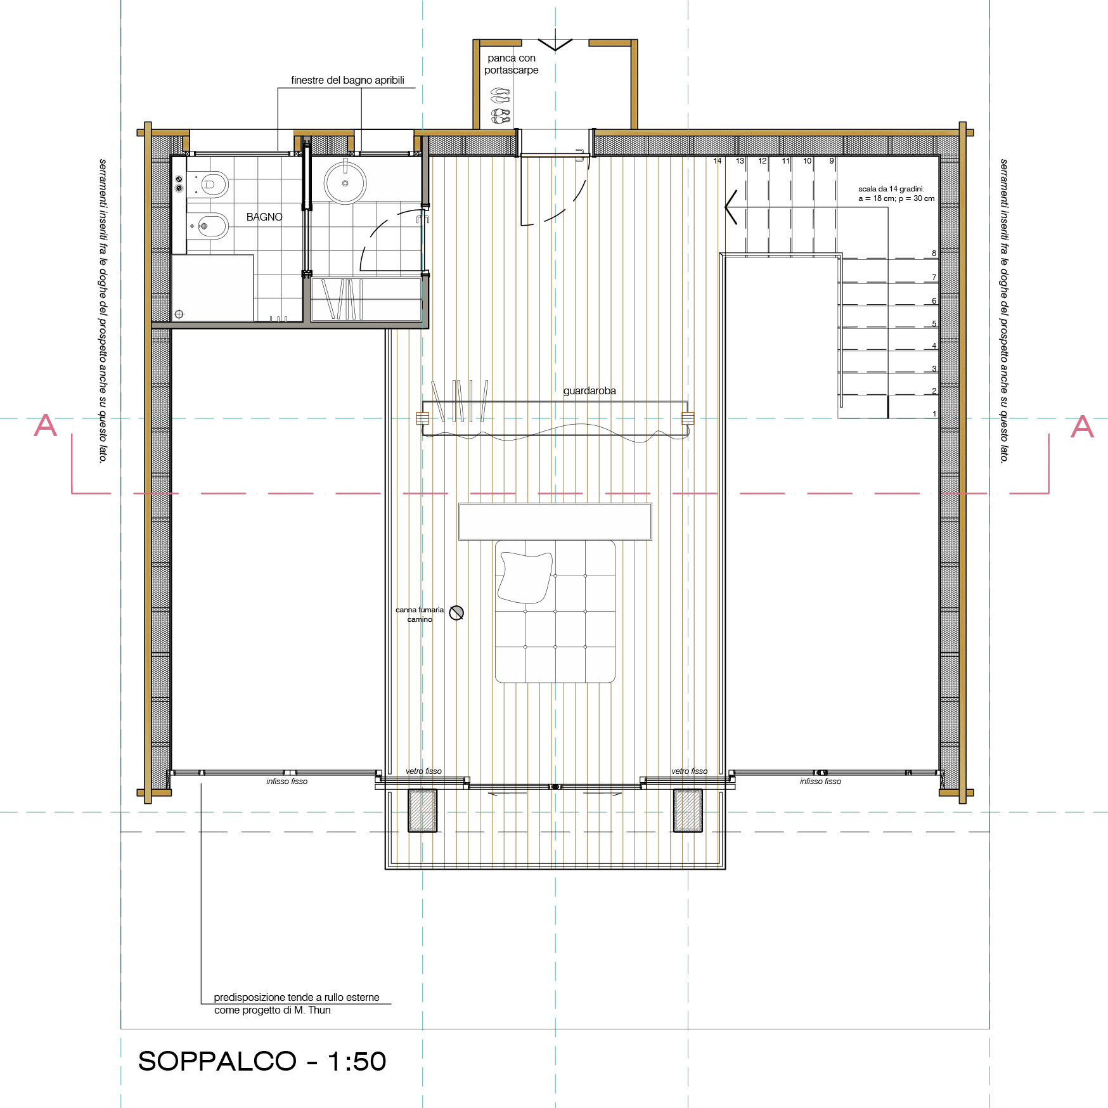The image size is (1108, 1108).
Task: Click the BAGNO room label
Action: [264, 217]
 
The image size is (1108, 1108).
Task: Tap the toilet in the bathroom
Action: [210, 184]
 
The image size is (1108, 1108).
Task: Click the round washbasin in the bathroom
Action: [345, 183]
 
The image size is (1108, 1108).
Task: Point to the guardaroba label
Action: [589, 390]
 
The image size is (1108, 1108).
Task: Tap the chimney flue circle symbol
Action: [456, 612]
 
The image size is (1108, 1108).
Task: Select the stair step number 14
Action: [718, 161]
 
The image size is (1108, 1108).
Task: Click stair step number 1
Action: [934, 414]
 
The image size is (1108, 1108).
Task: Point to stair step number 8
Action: [934, 254]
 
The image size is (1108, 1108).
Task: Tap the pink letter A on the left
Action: [45, 425]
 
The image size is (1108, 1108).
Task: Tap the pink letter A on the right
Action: [1082, 427]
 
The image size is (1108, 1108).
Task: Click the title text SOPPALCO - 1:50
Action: [262, 1061]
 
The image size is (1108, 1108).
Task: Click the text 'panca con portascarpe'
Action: [512, 64]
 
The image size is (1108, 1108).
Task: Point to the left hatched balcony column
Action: [423, 810]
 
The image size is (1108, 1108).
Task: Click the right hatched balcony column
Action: [688, 810]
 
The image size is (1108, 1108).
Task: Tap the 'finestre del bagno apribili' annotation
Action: [347, 81]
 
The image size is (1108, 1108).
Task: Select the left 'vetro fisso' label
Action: [423, 771]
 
